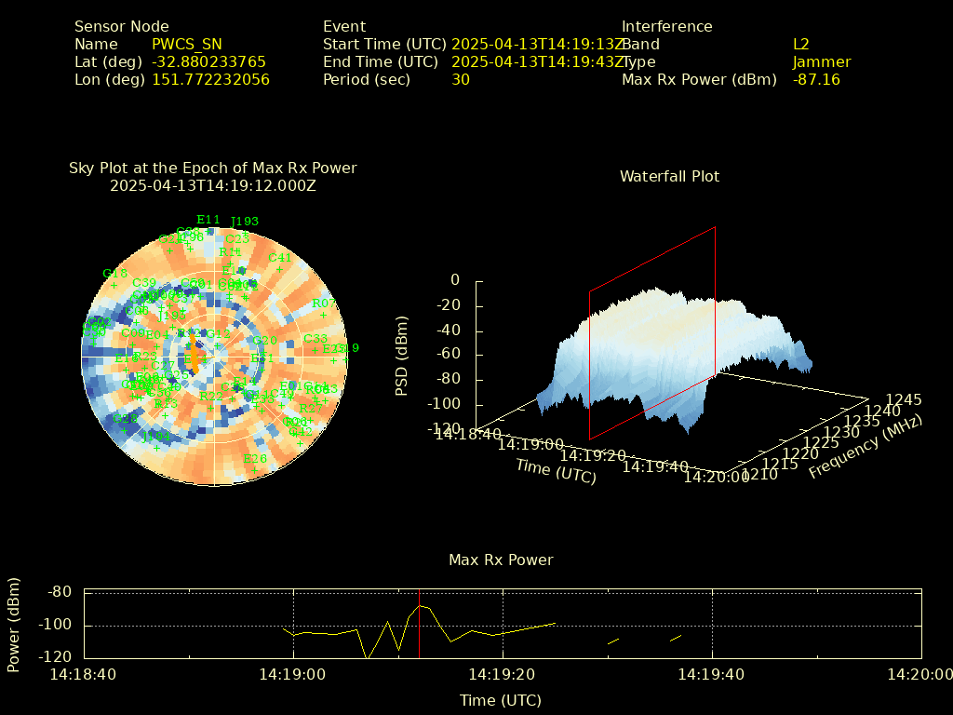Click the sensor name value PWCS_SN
pos(186,44)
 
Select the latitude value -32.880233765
pos(208,61)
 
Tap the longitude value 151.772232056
pos(210,79)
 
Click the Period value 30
pos(461,79)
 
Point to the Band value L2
pos(801,44)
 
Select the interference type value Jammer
pos(822,61)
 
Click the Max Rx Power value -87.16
pos(816,79)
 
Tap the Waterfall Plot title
pos(669,176)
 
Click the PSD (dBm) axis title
pos(402,354)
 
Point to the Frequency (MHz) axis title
pos(866,447)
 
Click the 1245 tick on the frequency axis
pos(904,399)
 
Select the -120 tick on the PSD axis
pos(443,428)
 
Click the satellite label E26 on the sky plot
pos(254,459)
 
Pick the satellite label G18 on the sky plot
pos(114,274)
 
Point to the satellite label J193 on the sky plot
pos(244,222)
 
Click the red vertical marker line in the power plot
pos(419,624)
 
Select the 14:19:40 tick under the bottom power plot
pos(712,674)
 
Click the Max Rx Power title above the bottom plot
pos(501,560)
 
